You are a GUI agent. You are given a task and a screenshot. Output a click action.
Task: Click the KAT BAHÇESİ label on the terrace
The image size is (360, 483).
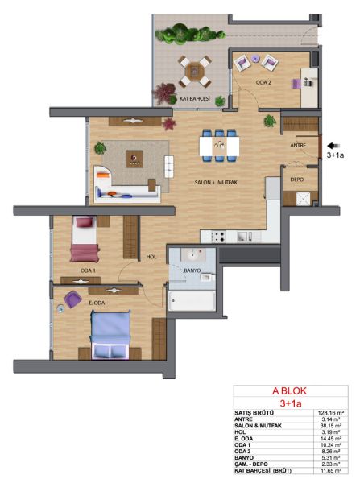[x=194, y=98]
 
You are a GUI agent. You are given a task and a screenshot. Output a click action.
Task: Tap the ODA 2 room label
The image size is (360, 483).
[x=263, y=83]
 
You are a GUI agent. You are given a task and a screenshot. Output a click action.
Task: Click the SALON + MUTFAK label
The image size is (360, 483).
[x=216, y=183]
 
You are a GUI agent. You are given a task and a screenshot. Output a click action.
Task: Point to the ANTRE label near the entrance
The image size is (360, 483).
[x=298, y=145]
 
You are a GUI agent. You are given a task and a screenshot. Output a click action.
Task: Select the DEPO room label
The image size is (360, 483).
[x=297, y=180]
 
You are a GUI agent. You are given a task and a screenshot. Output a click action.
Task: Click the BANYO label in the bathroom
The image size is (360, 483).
[x=192, y=270]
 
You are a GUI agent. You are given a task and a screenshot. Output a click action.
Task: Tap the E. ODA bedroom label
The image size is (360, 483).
[x=97, y=303]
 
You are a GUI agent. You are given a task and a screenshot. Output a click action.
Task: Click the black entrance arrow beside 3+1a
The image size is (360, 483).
[x=333, y=146]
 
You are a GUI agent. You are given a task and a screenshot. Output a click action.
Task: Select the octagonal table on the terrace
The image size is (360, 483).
[x=194, y=71]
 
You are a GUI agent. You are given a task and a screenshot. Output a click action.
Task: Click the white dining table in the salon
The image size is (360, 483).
[x=219, y=146]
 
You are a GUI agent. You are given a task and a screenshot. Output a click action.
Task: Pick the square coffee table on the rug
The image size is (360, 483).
[x=134, y=159]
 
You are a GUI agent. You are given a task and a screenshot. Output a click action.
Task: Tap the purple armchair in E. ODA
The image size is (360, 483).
[x=73, y=299]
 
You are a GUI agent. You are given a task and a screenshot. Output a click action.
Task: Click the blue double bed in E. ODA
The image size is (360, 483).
[x=110, y=335]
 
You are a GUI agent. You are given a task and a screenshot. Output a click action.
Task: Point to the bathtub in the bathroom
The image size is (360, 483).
[x=192, y=301]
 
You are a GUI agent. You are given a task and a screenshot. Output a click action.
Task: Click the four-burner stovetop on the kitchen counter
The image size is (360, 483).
[x=218, y=237]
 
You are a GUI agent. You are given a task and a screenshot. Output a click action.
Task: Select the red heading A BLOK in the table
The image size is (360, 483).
[x=289, y=391]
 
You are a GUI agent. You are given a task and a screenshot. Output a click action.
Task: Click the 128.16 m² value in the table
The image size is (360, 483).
[x=331, y=413]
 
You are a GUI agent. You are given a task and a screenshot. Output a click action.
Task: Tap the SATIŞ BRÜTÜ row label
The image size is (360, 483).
[x=254, y=413]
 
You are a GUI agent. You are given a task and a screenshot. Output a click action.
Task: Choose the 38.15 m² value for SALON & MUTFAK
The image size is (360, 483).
[x=330, y=426]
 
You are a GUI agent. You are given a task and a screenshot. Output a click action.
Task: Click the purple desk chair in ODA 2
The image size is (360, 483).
[x=296, y=84]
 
